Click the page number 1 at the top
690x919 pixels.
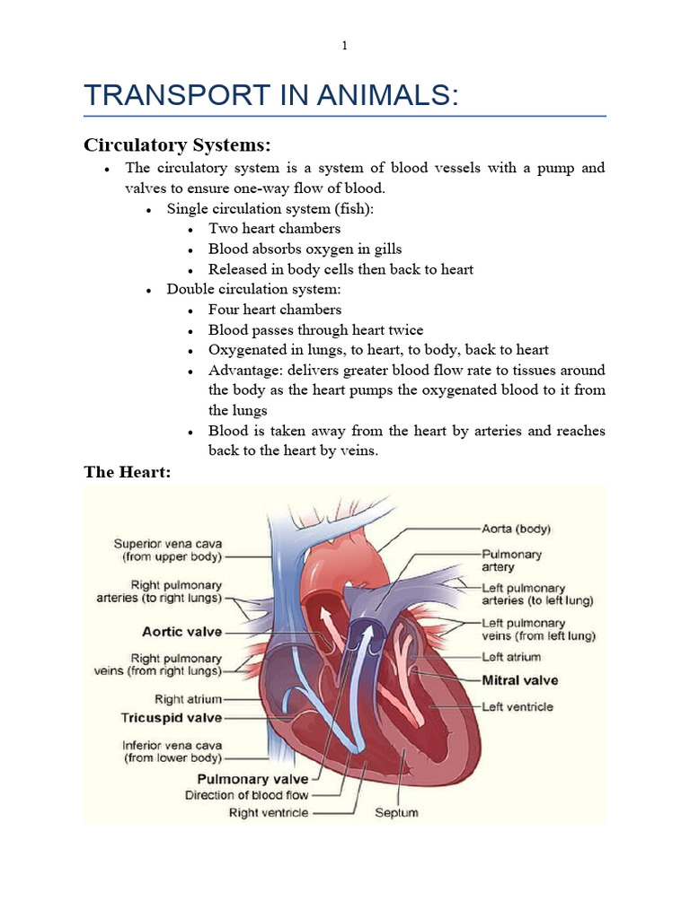(344, 46)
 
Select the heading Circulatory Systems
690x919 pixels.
(177, 144)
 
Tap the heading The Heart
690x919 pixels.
(127, 472)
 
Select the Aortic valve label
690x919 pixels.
(182, 632)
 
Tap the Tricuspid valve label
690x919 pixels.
(171, 718)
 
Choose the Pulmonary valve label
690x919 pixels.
(252, 779)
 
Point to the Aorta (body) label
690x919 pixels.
(517, 529)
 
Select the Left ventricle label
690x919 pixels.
(517, 707)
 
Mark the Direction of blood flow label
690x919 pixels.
(246, 795)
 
